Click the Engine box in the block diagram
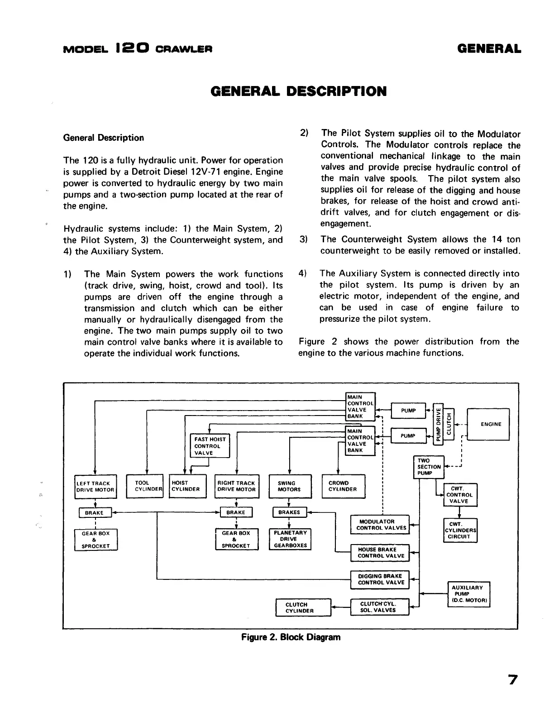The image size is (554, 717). (x=488, y=424)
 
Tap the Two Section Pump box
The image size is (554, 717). (x=429, y=467)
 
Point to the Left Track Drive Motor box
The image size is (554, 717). (x=96, y=487)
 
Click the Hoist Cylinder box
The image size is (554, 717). (x=187, y=486)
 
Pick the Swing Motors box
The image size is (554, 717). (x=290, y=486)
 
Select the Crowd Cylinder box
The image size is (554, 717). (x=343, y=486)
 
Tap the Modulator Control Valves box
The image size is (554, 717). (x=380, y=525)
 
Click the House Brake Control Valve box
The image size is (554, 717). (x=380, y=553)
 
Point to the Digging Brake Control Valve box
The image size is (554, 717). (x=380, y=579)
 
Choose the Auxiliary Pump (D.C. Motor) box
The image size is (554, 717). (x=468, y=594)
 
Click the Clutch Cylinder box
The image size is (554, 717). (x=303, y=607)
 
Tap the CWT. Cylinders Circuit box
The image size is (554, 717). (x=459, y=531)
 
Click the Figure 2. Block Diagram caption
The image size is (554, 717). (x=291, y=637)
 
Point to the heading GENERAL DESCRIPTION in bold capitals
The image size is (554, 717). (x=299, y=91)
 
